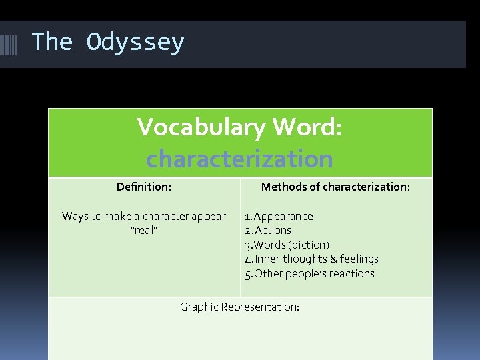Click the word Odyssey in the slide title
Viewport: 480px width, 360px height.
[135, 43]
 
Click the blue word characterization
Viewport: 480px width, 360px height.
[239, 159]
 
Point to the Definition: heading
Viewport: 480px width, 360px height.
[144, 187]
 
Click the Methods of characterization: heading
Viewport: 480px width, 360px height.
[335, 187]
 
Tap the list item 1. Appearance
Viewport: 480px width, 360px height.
[279, 216]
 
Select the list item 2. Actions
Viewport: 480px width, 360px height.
[268, 230]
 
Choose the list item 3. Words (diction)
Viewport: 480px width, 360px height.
[287, 245]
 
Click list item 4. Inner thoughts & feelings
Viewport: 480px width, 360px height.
[311, 259]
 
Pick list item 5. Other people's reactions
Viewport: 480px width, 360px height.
[309, 273]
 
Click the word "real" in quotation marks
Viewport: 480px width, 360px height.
[143, 230]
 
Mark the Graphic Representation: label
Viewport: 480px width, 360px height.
[239, 307]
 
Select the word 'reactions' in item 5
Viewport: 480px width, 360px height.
[352, 273]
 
